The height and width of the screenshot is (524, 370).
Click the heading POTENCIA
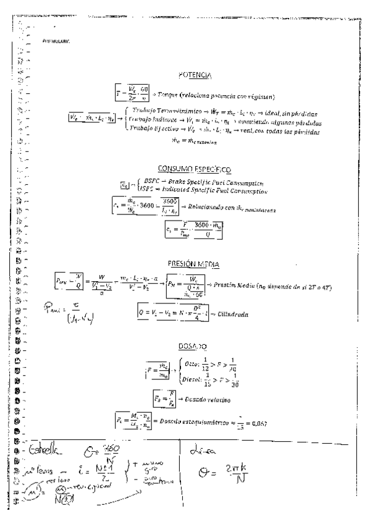click(x=195, y=75)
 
